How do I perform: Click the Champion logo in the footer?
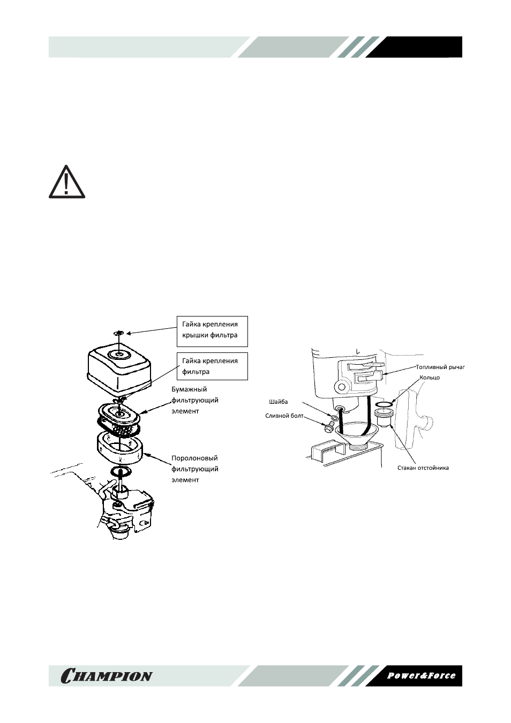point(106,675)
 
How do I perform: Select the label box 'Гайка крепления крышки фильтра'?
point(213,331)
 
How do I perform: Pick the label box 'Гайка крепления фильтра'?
point(213,366)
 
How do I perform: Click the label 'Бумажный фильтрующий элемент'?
point(195,400)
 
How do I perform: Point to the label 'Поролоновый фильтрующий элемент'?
point(195,469)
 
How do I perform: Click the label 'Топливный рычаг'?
point(440,367)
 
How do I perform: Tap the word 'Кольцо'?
point(430,378)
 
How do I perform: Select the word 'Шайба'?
point(278,402)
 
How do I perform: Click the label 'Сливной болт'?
point(284,416)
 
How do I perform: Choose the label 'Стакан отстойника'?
point(423,468)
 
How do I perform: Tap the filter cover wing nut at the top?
point(119,333)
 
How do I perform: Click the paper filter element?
point(119,418)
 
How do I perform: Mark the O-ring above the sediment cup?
point(384,404)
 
